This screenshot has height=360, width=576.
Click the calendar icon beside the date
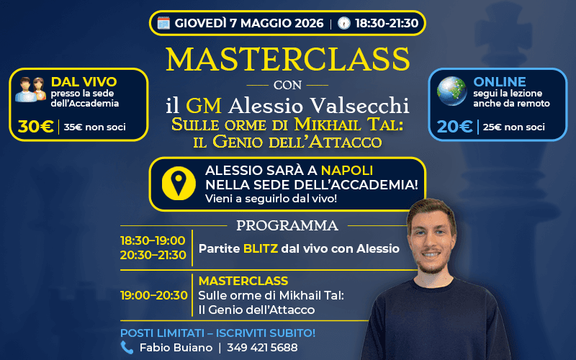(163, 22)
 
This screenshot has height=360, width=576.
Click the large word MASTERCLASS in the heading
(288, 59)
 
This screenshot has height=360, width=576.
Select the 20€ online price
(455, 127)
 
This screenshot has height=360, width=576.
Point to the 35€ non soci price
(94, 127)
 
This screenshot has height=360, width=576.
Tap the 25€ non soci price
(513, 127)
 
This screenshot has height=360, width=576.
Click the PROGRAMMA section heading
(287, 225)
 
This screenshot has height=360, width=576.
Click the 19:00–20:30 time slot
(153, 294)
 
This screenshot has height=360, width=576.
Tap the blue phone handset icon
(127, 347)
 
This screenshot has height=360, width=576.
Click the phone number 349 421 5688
(263, 347)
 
